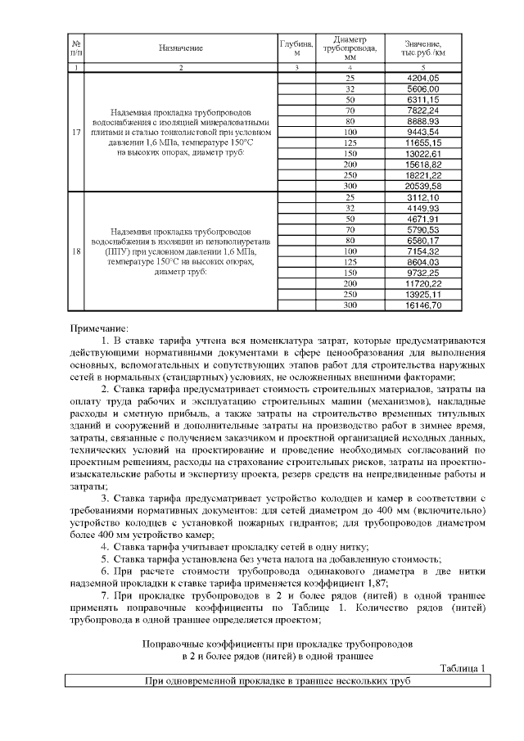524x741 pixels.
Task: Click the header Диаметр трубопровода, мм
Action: (350, 48)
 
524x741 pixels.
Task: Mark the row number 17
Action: (75, 132)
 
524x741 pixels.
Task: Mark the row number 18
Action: (75, 251)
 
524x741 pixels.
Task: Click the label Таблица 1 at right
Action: (463, 667)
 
